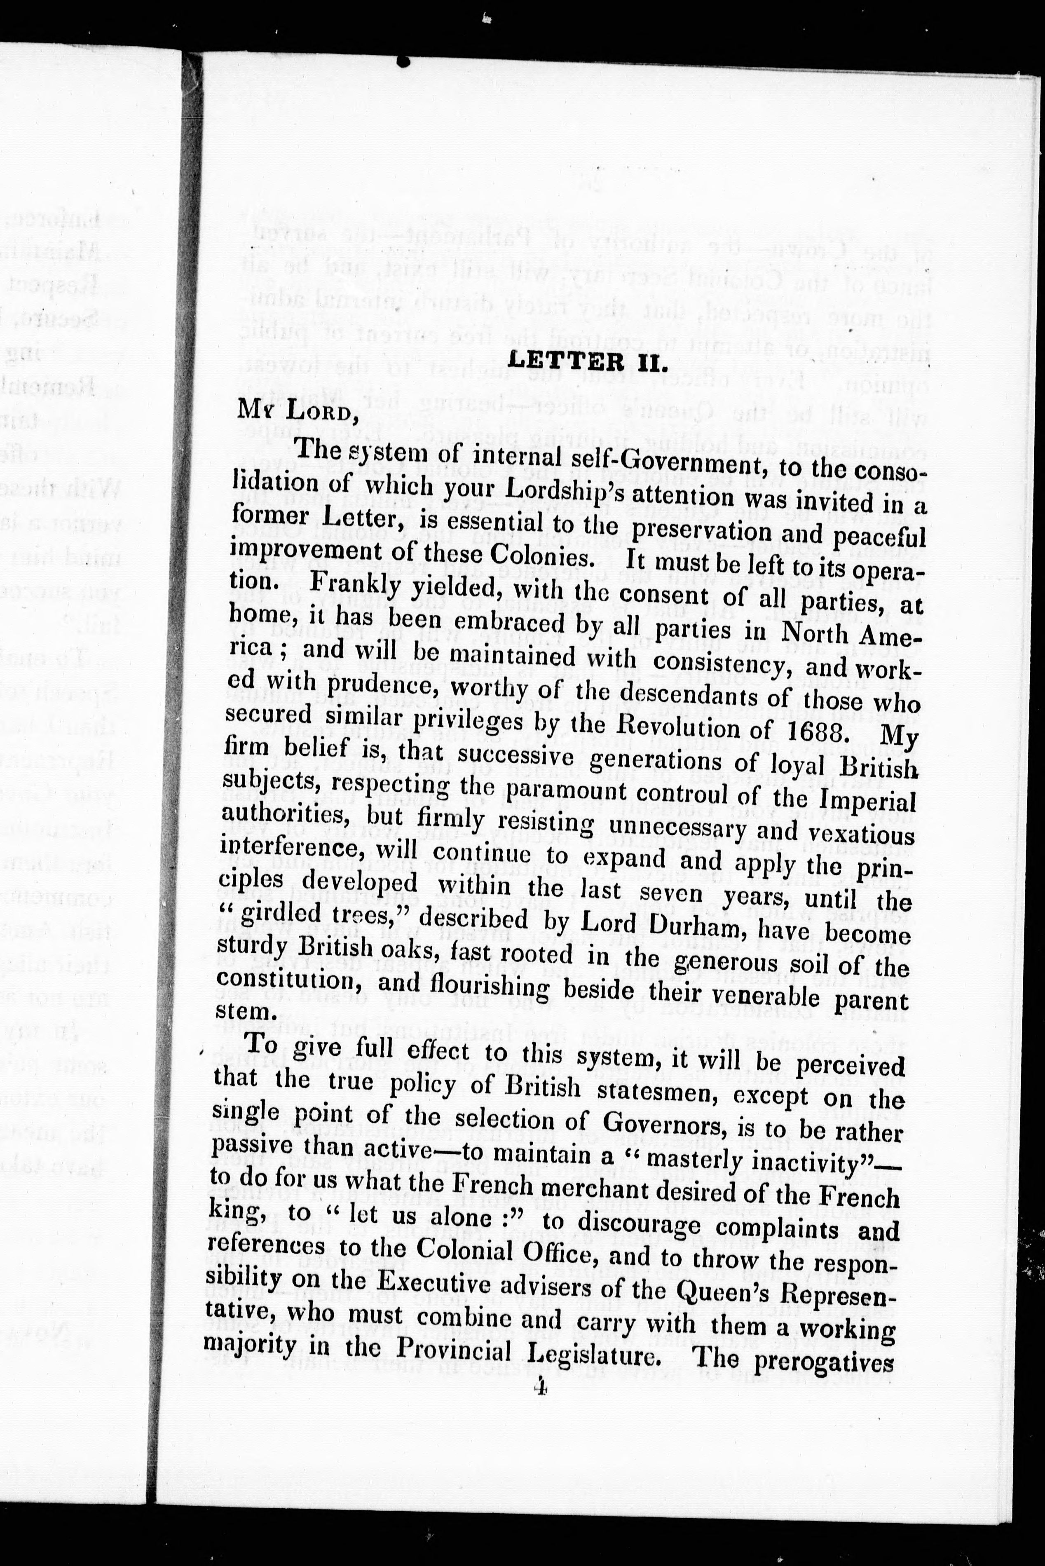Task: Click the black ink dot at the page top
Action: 402,61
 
